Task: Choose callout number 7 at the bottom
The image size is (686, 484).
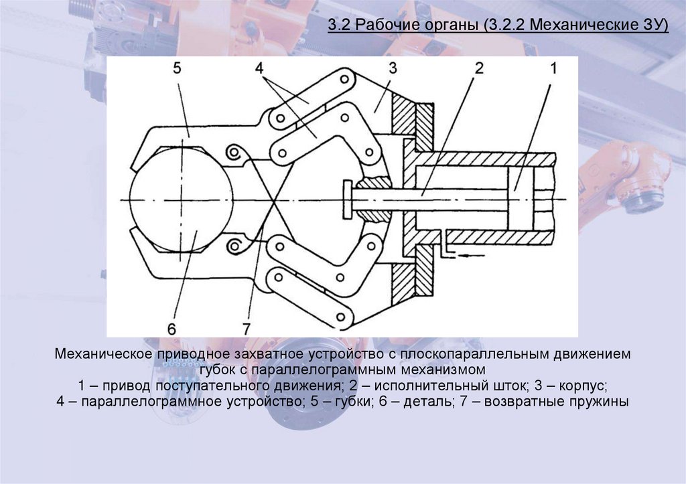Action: pos(246,328)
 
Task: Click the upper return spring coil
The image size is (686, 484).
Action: pos(234,153)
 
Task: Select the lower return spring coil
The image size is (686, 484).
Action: pos(234,248)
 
